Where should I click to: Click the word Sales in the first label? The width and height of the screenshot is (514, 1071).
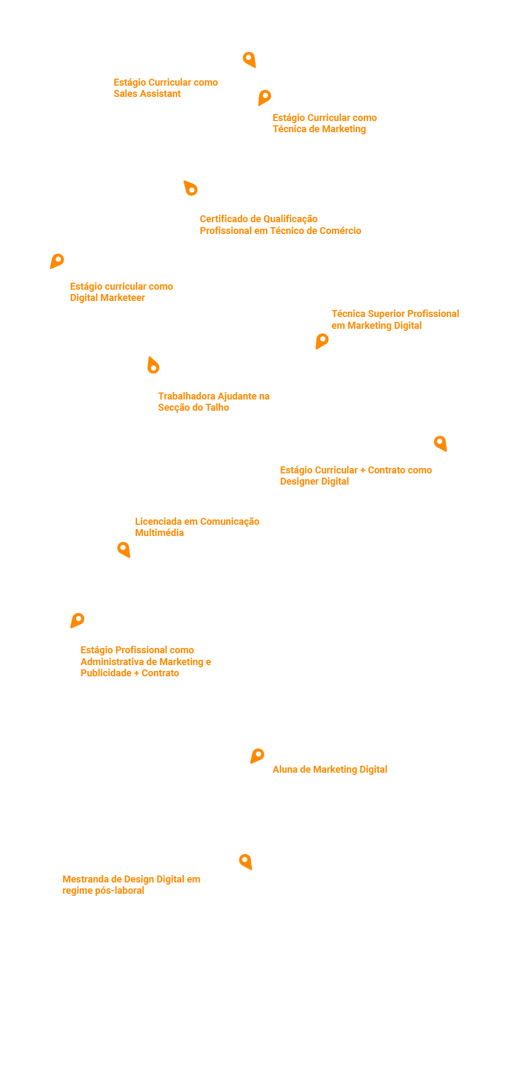pyautogui.click(x=125, y=94)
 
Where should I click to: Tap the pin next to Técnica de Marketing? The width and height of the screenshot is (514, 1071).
pyautogui.click(x=264, y=97)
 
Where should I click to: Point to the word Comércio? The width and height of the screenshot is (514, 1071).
pyautogui.click(x=341, y=231)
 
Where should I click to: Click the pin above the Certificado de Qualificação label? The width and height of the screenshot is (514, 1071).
pyautogui.click(x=191, y=188)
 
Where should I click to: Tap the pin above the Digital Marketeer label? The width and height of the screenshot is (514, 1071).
pyautogui.click(x=57, y=260)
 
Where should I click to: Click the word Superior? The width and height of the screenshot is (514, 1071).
pyautogui.click(x=386, y=314)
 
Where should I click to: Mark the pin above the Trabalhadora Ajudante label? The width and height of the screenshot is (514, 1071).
pyautogui.click(x=153, y=366)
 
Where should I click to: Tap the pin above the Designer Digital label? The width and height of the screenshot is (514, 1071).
pyautogui.click(x=440, y=443)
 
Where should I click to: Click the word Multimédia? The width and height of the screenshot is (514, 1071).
pyautogui.click(x=159, y=533)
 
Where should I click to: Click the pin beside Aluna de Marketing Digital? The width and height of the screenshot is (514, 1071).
pyautogui.click(x=258, y=755)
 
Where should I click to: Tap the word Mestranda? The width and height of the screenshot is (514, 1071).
pyautogui.click(x=85, y=879)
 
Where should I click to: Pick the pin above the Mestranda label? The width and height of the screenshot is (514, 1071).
pyautogui.click(x=245, y=861)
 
